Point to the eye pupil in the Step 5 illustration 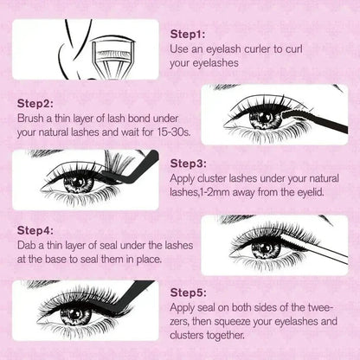coord(79,312)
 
